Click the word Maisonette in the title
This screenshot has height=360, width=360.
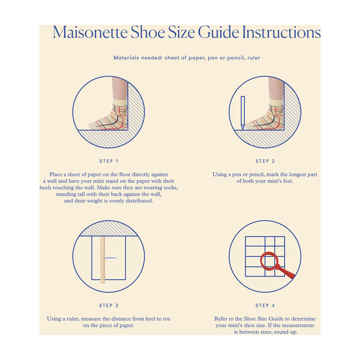90,32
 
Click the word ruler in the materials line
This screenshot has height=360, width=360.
254,58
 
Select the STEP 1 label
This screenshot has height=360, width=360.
109,161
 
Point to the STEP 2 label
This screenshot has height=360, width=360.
265,161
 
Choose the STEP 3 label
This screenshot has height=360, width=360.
109,305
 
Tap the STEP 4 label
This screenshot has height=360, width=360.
265,305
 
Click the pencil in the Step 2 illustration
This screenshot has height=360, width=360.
243,113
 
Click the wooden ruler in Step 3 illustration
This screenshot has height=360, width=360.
102,260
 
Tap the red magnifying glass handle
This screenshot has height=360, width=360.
285,272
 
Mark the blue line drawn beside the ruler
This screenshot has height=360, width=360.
110,258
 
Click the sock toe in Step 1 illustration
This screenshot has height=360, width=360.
93,125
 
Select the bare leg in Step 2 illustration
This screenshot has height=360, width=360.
276,88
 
